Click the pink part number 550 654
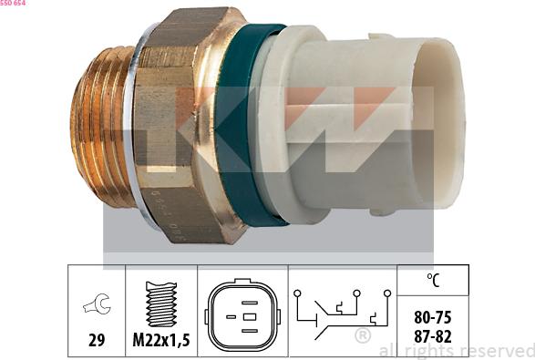[x=13, y=3]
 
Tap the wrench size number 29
[x=97, y=340]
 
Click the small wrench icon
[x=97, y=303]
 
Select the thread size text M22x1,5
[x=161, y=340]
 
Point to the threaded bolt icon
[x=161, y=303]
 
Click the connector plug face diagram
[x=242, y=316]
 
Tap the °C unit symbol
[x=433, y=280]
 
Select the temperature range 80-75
[x=433, y=317]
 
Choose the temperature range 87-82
[x=433, y=336]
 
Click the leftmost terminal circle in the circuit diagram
[x=297, y=293]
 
